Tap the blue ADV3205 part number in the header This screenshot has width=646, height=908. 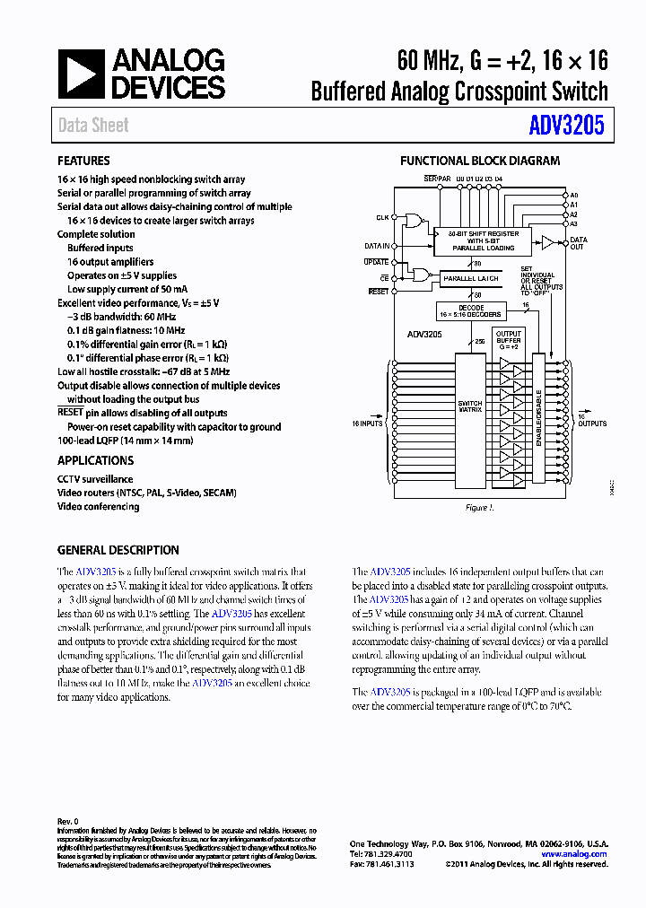567,126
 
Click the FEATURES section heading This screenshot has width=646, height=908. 83,161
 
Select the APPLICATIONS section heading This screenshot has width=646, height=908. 95,460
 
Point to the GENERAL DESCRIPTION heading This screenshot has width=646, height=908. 118,550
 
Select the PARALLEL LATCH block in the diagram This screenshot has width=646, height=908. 471,279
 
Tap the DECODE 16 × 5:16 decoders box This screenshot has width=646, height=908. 471,311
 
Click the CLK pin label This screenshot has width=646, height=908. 383,218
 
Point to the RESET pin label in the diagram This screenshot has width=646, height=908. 380,292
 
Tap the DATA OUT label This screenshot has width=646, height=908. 579,243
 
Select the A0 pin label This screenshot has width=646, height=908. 574,195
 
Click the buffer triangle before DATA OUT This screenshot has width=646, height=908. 547,241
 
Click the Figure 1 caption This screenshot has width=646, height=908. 479,508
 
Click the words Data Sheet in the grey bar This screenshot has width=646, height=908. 93,126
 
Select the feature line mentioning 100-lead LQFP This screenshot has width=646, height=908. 125,441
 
